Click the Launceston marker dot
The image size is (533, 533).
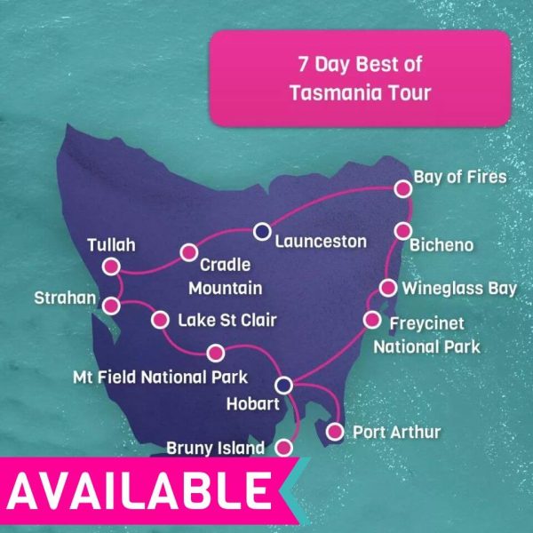261,232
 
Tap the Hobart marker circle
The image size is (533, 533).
284,386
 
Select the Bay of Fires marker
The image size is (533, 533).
403,188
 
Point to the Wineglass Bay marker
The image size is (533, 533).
388,287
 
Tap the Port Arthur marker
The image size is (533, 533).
335,433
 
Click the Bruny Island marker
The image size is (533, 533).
284,447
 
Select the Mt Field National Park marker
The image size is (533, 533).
214,353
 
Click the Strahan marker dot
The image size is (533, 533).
111,306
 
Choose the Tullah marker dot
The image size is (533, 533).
111,266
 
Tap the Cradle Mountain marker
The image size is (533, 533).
188,252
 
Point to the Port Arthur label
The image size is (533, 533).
396,433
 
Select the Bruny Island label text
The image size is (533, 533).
216,449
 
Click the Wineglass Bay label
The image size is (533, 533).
458,288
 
